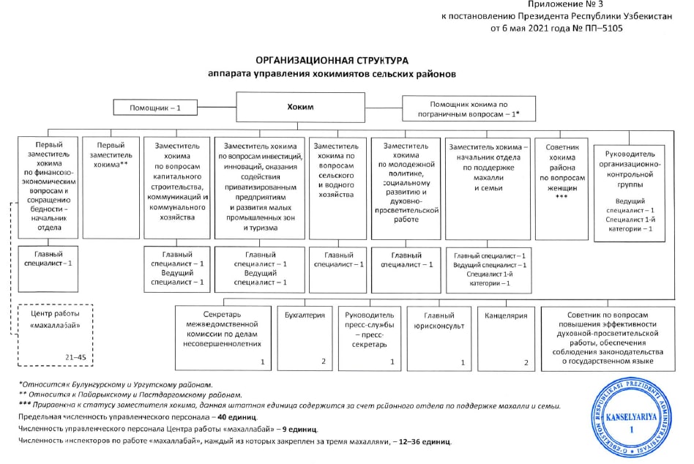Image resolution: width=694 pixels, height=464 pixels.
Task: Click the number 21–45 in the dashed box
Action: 76,356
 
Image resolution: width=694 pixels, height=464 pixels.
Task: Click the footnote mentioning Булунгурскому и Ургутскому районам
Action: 117,384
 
